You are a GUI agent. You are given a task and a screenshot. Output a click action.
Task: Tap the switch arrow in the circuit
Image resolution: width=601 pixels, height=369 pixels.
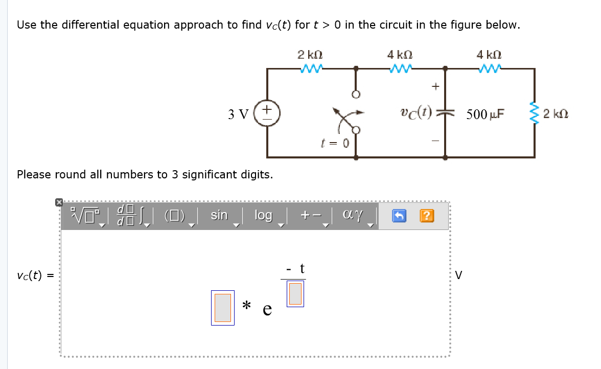click(x=348, y=116)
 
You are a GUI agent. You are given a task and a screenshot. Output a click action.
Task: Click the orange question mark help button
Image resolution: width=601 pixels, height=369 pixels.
click(x=427, y=216)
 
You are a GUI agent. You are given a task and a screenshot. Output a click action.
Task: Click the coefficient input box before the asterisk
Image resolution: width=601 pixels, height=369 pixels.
click(x=223, y=308)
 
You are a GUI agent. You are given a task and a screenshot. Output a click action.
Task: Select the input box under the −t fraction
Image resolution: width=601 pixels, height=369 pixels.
click(x=295, y=294)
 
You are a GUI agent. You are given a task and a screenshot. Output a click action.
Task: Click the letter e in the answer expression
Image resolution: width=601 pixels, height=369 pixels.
click(x=267, y=310)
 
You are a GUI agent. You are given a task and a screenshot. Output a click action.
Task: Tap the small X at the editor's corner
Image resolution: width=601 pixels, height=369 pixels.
click(x=59, y=202)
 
